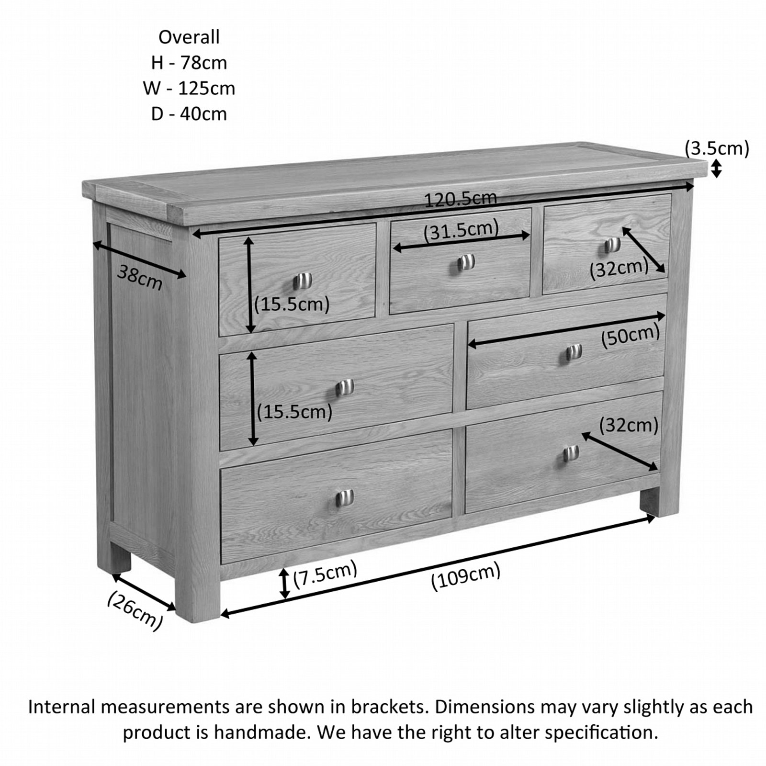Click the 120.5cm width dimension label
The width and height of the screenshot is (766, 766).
461,199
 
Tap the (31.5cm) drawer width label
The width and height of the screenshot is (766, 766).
461,229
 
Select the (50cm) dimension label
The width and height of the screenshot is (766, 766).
631,335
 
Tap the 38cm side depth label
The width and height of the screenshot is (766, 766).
140,278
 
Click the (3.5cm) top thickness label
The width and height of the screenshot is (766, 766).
717,148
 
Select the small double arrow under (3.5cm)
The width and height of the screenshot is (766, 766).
716,169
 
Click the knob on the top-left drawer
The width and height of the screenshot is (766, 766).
303,281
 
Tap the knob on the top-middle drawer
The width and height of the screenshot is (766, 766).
465,262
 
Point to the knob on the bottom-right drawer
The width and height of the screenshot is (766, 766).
571,453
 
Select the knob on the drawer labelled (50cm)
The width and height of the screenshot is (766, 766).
574,352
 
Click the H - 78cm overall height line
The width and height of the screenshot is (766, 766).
189,63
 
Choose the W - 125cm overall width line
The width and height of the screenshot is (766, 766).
189,89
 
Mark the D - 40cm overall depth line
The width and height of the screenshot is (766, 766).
189,114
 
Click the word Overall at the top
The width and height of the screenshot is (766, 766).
189,37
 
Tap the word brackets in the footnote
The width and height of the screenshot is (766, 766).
388,707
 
